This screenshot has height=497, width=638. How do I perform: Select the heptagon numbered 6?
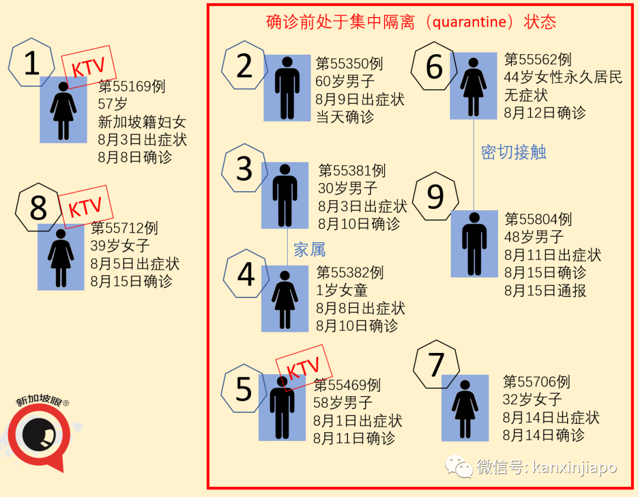pos(435,66)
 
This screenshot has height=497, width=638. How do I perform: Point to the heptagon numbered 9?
pos(435,197)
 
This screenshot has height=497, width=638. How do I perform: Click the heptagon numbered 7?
pos(437,364)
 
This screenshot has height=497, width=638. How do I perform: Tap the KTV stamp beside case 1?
pos(87,67)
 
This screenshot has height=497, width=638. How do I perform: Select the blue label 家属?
pos(310,250)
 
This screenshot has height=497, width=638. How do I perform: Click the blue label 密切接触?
pos(513,152)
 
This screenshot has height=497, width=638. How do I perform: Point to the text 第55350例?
pos(349,64)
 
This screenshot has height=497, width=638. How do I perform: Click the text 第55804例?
pos(538,220)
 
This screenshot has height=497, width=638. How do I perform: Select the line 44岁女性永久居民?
pos(563,77)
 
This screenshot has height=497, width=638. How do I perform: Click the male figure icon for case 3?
pos(285,195)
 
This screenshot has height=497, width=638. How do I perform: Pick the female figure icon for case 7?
pos(465,408)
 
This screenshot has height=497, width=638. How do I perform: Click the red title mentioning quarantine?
pos(411,22)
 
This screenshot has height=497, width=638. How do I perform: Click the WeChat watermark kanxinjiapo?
pos(532,467)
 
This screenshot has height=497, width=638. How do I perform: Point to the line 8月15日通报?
pos(545,290)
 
